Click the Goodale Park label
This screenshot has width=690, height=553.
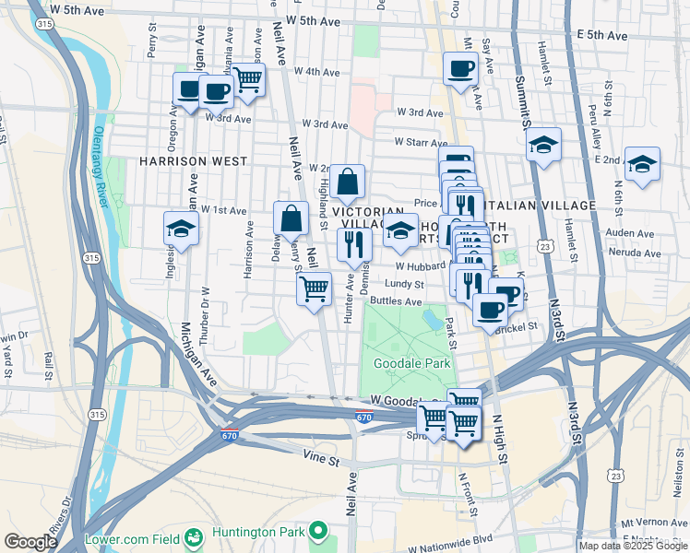coord(410,363)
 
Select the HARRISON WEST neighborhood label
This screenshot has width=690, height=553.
coord(193,160)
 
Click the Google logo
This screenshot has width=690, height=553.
coord(30,542)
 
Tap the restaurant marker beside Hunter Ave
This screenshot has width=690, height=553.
coord(353,244)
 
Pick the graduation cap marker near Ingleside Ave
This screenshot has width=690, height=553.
coord(182,229)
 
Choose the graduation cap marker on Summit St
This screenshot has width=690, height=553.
coord(544,145)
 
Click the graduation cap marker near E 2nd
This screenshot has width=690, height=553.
coord(642,163)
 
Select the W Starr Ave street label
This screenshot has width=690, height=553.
coord(422,143)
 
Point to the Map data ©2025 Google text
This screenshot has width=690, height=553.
coord(633,546)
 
